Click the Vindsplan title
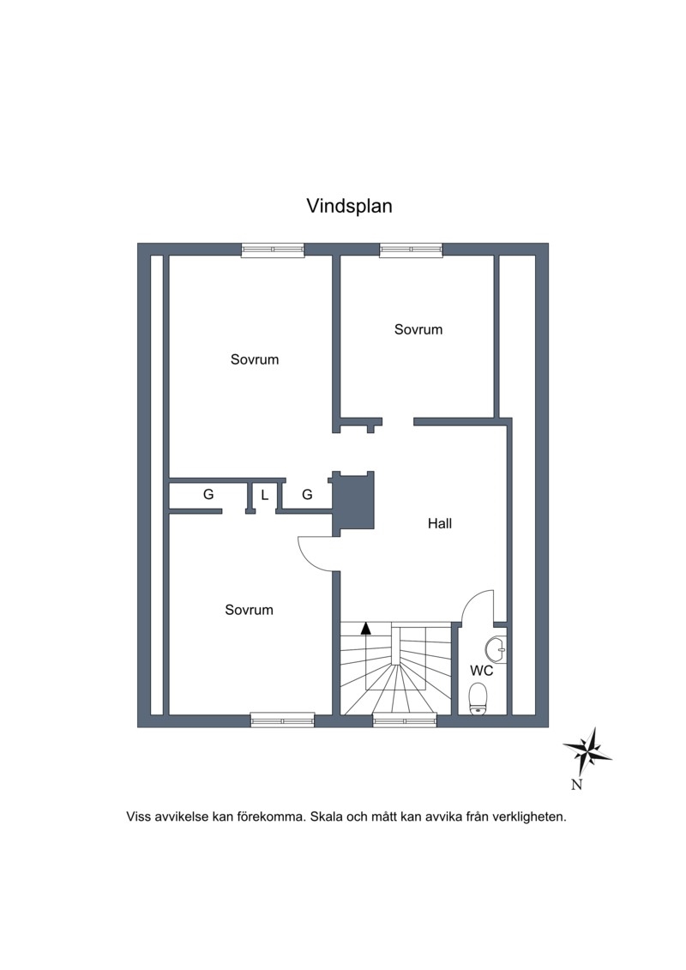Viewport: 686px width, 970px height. coord(350,206)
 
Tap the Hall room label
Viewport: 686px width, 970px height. coord(440,523)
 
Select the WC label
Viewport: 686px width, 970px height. coord(481,671)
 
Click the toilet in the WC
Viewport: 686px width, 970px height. coord(478,699)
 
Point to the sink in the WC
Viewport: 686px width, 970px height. coord(496,649)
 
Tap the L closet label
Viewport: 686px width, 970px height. coord(265,495)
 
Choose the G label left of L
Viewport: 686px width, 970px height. coord(208,494)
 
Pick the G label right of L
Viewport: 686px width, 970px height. coord(307,494)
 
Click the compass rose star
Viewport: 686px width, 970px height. coord(587,751)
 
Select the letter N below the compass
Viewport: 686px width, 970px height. coord(576,785)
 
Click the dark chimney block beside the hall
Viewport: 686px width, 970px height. coord(354,501)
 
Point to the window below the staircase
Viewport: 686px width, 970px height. coord(405,720)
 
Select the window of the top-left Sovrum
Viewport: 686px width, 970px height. coord(273,250)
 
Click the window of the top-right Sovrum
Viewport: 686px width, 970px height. coord(412,250)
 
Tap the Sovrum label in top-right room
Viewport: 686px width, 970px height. coord(418,329)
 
